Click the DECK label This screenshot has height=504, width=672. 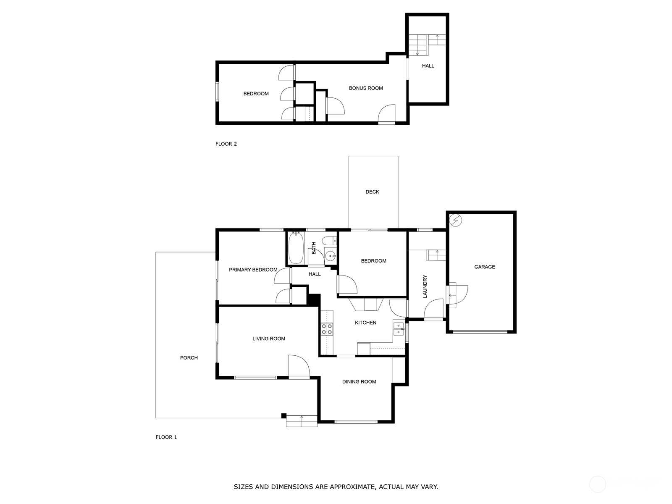tap(372, 192)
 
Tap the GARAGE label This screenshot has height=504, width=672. tap(484, 267)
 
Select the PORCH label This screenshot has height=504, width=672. tap(189, 358)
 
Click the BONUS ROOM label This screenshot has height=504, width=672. tap(365, 88)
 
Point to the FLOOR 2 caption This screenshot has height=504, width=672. tap(226, 144)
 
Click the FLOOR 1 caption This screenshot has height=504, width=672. tap(166, 437)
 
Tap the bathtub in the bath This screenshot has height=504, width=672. tap(296, 248)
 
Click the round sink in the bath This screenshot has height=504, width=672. tap(331, 256)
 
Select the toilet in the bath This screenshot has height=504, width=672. tap(330, 241)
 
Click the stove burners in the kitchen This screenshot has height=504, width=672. tap(327, 329)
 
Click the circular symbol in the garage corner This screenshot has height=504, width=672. tap(455, 220)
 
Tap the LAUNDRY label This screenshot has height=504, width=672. tap(425, 286)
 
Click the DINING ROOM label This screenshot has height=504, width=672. tap(359, 382)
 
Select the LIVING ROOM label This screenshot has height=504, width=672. tap(268, 339)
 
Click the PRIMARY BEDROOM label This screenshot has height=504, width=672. tap(253, 270)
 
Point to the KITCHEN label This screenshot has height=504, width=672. tap(365, 323)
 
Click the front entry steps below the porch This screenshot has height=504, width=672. tap(302, 421)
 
